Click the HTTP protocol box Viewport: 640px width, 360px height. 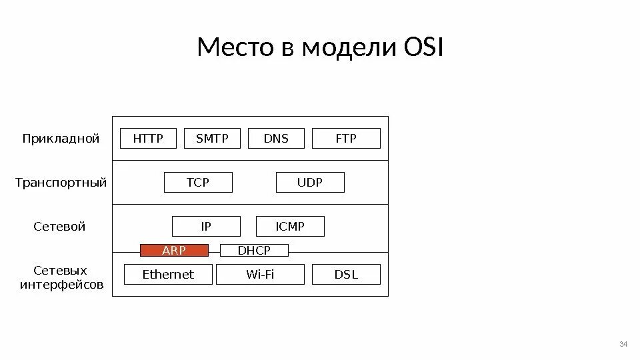[x=148, y=139]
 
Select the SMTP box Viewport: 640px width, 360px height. [x=212, y=139]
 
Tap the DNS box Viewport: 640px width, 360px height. [x=276, y=139]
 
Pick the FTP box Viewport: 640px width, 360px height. [x=346, y=139]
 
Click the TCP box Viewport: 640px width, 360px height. [x=198, y=182]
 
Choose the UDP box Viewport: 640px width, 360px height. [x=310, y=182]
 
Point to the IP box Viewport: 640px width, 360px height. [x=206, y=227]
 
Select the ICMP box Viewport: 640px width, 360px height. [x=290, y=227]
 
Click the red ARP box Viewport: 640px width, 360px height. [x=174, y=250]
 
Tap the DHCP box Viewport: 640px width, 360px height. [x=254, y=250]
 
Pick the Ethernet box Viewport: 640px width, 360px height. [x=168, y=274]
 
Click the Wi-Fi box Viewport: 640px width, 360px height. [x=260, y=274]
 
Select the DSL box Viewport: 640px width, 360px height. [x=346, y=274]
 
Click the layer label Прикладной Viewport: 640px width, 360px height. [x=61, y=139]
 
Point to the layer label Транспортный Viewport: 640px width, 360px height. [x=61, y=183]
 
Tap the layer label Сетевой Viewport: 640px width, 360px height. [x=60, y=227]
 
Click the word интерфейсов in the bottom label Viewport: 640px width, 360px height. [x=61, y=285]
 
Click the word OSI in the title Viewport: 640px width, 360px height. [x=423, y=48]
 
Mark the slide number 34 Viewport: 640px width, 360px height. [x=623, y=344]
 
